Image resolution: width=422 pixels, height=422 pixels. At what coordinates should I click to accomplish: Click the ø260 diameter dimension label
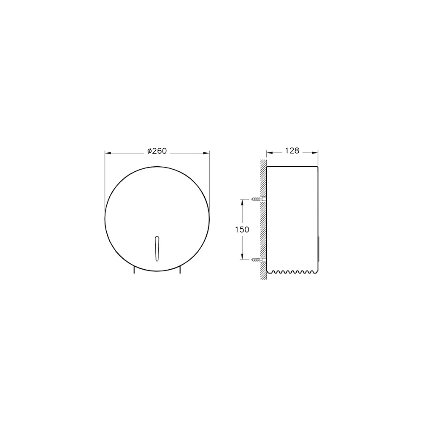[x=157, y=151]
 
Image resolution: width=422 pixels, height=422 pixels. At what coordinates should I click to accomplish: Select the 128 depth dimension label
[x=292, y=151]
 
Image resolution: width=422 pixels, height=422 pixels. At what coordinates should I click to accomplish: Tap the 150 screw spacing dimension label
[x=242, y=230]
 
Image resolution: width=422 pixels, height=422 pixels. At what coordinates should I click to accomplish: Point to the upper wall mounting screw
[x=259, y=199]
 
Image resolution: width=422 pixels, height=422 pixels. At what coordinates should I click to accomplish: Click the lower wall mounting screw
[x=259, y=260]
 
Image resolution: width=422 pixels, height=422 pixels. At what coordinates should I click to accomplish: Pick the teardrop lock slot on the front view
[x=157, y=249]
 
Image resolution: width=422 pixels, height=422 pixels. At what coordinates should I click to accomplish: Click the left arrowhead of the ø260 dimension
[x=108, y=153]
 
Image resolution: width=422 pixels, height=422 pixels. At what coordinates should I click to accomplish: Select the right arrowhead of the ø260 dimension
[x=206, y=153]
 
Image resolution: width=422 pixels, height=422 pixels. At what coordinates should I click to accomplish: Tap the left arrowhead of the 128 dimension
[x=270, y=153]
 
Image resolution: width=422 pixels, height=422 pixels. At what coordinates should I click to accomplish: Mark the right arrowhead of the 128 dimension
[x=315, y=153]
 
